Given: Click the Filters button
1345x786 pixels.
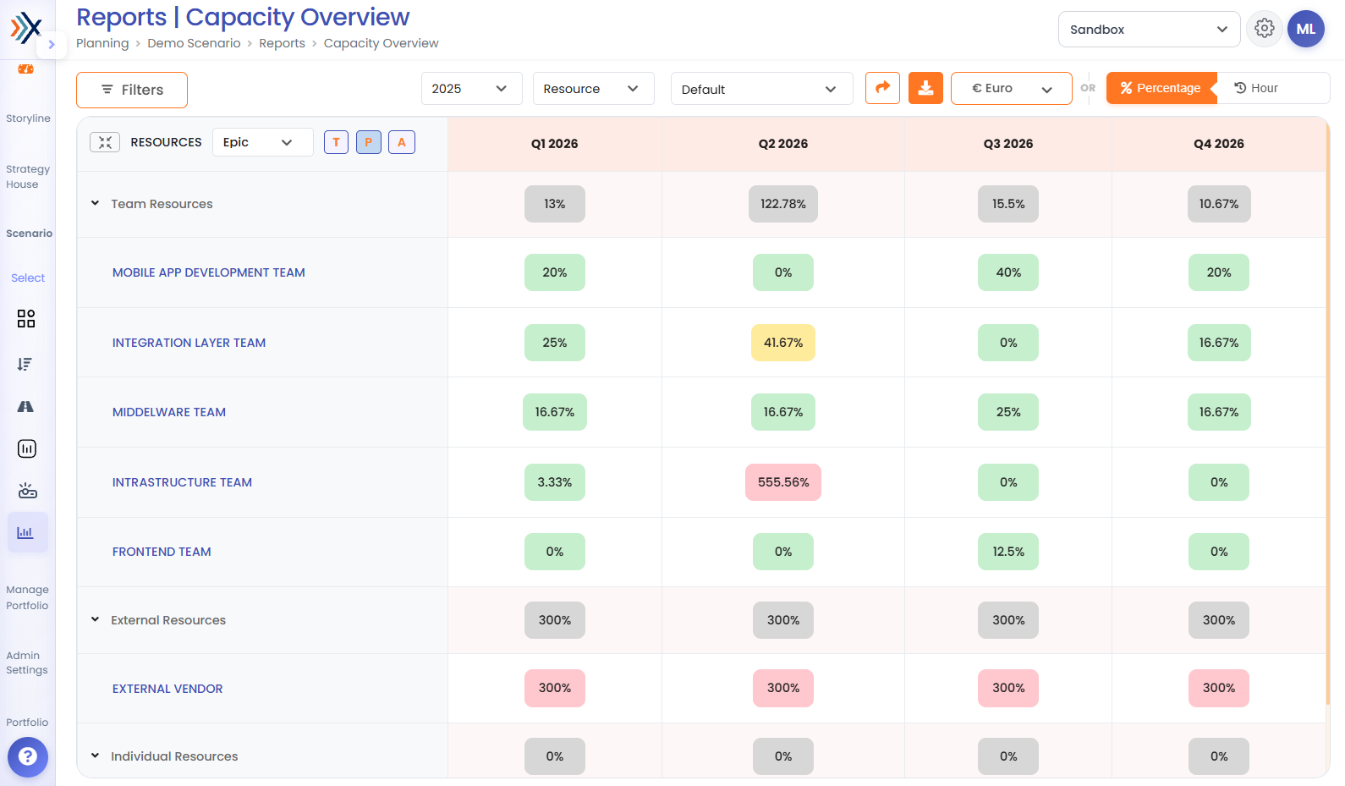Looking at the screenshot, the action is (x=131, y=90).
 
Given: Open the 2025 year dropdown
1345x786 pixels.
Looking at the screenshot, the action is (x=471, y=89).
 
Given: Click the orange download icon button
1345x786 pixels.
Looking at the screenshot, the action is (x=925, y=88).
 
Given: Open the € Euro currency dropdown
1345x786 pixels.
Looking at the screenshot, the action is (x=1011, y=88).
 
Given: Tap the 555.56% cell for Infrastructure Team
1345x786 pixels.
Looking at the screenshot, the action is (x=783, y=482).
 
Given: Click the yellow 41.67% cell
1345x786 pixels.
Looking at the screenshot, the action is (x=783, y=343).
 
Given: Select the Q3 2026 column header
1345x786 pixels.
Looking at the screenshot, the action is (x=1008, y=144).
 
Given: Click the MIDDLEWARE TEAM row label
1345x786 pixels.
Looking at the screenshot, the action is (x=168, y=413).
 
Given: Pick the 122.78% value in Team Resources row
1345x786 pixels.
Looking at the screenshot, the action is (x=783, y=204).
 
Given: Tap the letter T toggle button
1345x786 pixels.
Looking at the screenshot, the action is (x=337, y=142).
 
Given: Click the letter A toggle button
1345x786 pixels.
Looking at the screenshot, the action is (x=402, y=142).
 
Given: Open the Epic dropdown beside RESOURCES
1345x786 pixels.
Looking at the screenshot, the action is (x=262, y=142).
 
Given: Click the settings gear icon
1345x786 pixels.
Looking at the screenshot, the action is (x=1264, y=29).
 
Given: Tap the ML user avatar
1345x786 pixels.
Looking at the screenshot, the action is (x=1306, y=29).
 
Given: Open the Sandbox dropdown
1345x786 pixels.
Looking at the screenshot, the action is (x=1149, y=30).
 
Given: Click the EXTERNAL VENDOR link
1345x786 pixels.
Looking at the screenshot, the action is (x=167, y=689).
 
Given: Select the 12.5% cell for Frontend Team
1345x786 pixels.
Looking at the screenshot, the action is (x=1008, y=552).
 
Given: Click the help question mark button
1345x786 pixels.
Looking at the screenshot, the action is (x=28, y=757).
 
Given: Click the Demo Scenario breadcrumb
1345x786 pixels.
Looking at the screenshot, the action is (x=194, y=43).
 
